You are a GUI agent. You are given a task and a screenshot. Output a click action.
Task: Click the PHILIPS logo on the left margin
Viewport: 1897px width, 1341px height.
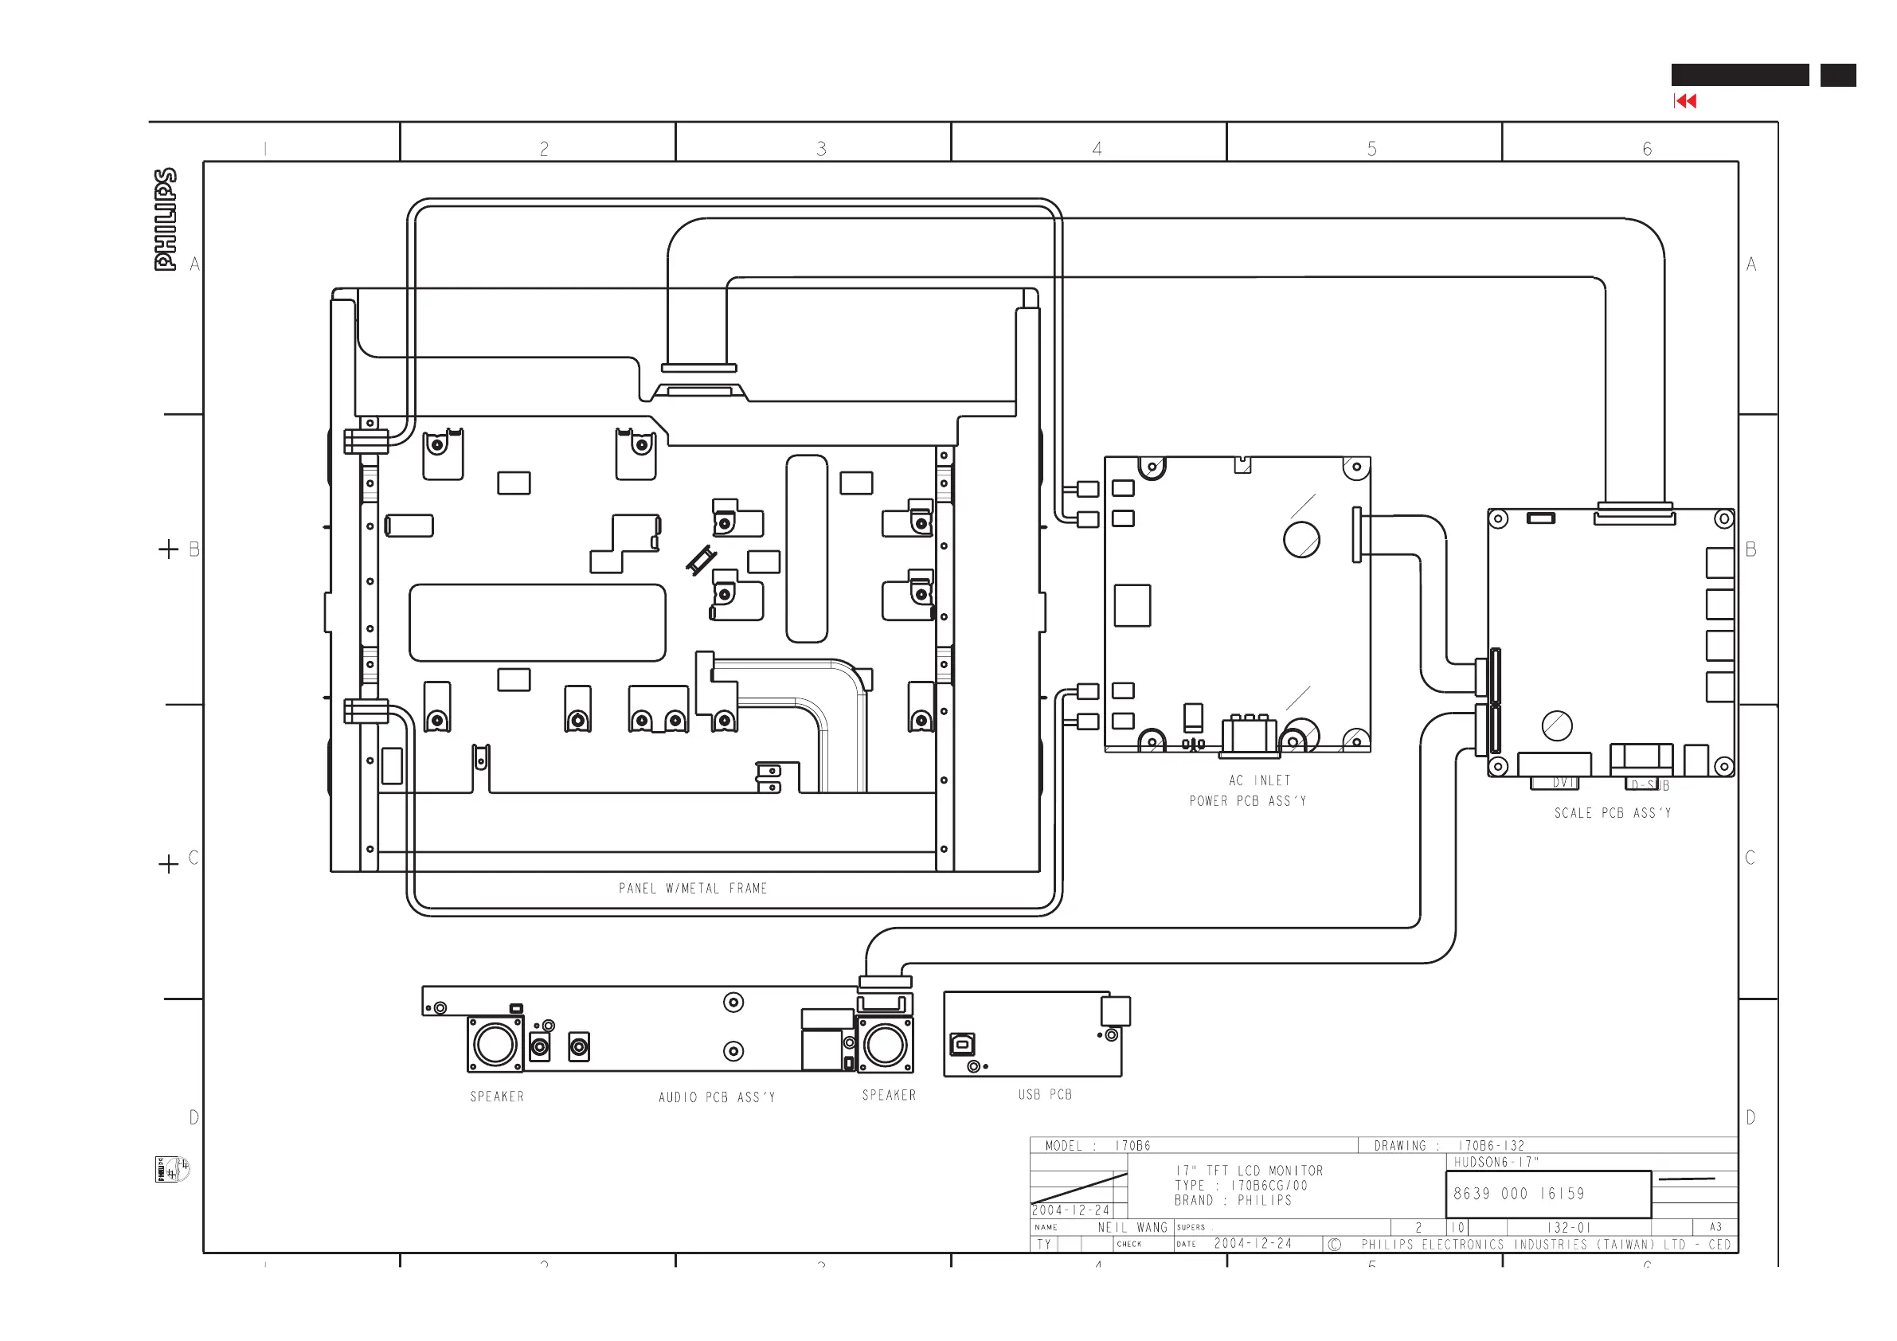pyautogui.click(x=165, y=220)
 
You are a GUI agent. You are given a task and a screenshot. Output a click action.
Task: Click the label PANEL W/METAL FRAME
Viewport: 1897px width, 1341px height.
pyautogui.click(x=692, y=888)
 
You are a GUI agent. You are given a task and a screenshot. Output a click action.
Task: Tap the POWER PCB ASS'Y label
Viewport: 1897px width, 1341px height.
pyautogui.click(x=1248, y=800)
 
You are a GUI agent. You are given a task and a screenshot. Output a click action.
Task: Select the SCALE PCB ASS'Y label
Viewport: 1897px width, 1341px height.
pyautogui.click(x=1612, y=813)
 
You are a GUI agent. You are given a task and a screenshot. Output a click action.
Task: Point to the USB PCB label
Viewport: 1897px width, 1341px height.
pyautogui.click(x=1044, y=1094)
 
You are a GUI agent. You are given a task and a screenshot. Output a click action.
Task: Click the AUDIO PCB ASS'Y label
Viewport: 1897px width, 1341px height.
pyautogui.click(x=716, y=1097)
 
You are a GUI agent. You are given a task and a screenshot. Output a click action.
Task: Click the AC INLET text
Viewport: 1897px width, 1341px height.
pyautogui.click(x=1259, y=780)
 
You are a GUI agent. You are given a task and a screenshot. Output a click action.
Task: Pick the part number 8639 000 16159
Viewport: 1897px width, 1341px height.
pyautogui.click(x=1519, y=1194)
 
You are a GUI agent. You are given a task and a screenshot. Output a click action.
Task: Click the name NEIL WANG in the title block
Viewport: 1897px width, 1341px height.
pyautogui.click(x=1132, y=1228)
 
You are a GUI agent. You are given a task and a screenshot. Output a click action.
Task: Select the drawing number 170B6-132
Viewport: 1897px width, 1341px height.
pyautogui.click(x=1491, y=1146)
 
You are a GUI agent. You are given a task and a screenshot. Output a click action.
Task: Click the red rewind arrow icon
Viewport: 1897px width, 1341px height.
pyautogui.click(x=1684, y=101)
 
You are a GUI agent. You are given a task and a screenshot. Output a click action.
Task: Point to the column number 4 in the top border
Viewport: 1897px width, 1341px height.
pyautogui.click(x=1097, y=149)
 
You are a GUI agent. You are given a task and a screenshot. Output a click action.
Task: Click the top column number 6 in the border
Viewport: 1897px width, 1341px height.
pyautogui.click(x=1647, y=149)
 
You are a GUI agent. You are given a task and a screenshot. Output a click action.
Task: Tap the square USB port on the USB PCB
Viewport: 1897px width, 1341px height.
pyautogui.click(x=962, y=1045)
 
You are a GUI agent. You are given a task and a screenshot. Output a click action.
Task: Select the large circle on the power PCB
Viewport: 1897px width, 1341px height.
pyautogui.click(x=1301, y=540)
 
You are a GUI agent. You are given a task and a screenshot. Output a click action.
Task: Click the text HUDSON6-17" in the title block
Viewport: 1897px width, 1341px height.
pyautogui.click(x=1496, y=1162)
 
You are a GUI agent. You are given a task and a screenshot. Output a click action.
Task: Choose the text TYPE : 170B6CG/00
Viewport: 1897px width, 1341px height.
pyautogui.click(x=1241, y=1186)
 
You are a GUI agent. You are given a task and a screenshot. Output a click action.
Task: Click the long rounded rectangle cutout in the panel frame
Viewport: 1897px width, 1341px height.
pyautogui.click(x=537, y=622)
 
